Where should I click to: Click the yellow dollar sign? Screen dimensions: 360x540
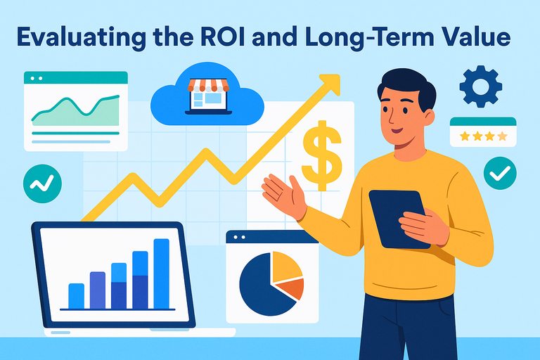coord(321,154)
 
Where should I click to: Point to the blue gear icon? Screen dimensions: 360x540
coord(480,87)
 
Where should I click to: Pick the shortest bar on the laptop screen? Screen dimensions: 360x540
coord(77,295)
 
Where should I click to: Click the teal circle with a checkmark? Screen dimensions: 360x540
coord(500,171)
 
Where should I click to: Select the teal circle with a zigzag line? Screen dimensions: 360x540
coord(42,183)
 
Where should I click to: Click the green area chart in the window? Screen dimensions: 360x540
coord(74,112)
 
